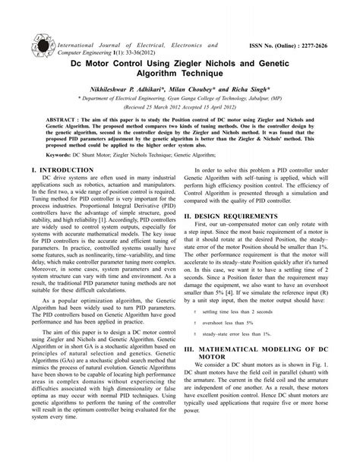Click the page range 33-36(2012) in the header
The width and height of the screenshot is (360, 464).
[x=106, y=41]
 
